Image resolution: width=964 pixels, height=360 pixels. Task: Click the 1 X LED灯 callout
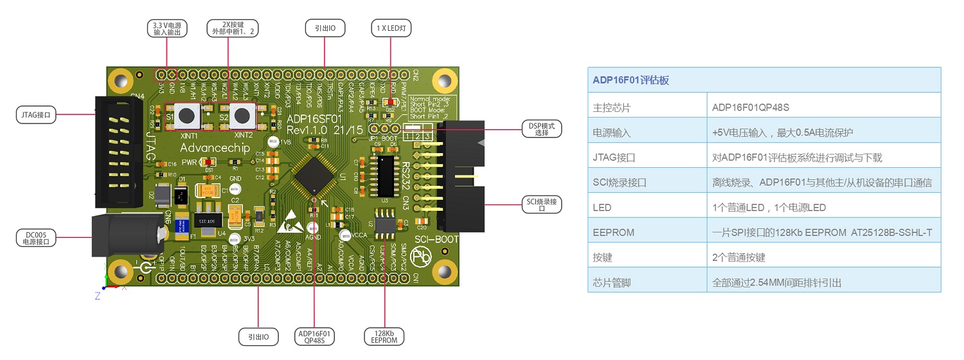391,28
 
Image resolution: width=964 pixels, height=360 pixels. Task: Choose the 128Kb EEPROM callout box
385,336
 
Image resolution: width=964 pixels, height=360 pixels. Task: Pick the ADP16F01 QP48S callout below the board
315,336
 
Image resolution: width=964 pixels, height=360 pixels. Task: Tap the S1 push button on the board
186,116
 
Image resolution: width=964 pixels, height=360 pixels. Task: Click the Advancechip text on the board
211,148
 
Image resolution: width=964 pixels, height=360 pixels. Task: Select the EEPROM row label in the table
614,233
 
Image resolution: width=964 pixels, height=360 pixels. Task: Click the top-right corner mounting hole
443,81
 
